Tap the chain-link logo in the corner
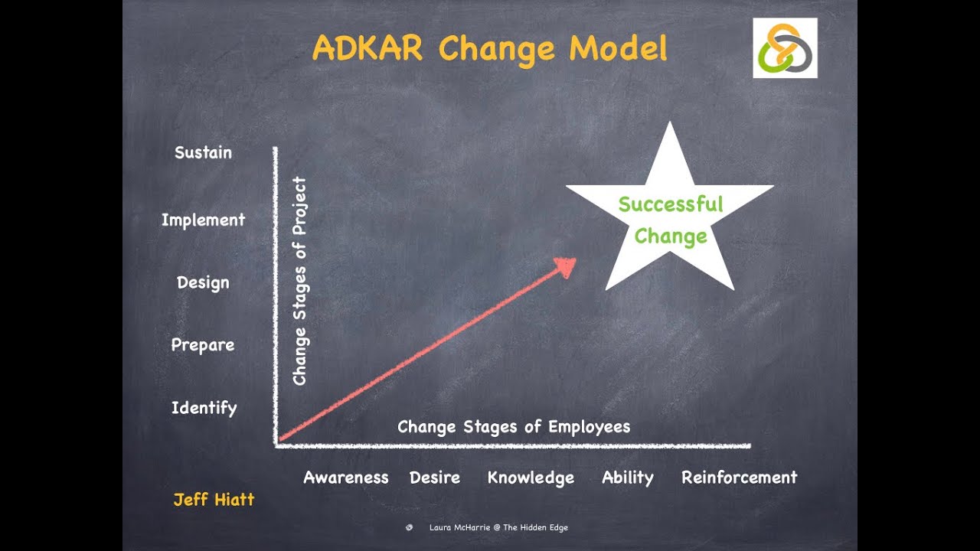(785, 48)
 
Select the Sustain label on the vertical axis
(203, 152)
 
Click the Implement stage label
(203, 220)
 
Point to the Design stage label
(203, 282)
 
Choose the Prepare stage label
(203, 345)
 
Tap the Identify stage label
(204, 408)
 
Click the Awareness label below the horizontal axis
(346, 478)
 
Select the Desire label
(435, 478)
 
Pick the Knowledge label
(531, 478)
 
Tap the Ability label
(628, 478)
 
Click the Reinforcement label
(739, 478)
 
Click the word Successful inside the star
(670, 204)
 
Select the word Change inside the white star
(670, 236)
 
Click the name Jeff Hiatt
(214, 500)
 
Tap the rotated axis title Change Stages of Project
(299, 281)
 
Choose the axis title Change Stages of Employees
(514, 427)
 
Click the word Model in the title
(618, 48)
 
